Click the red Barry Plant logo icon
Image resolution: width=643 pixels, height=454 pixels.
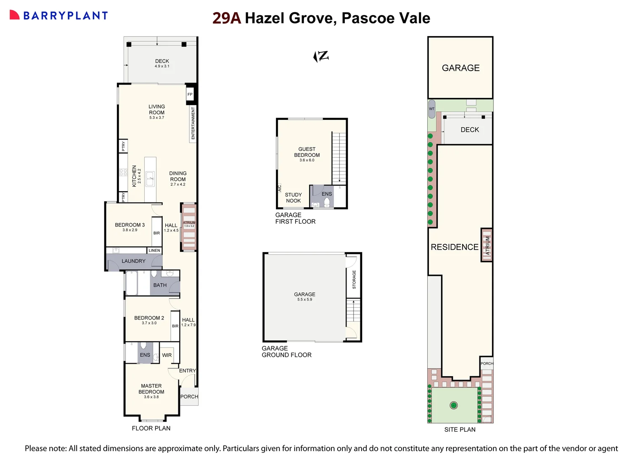pyautogui.click(x=14, y=15)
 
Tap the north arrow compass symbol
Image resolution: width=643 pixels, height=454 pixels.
pyautogui.click(x=321, y=56)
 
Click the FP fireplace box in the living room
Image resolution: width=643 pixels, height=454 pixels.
pyautogui.click(x=190, y=95)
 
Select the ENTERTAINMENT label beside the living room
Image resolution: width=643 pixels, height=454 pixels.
pyautogui.click(x=193, y=123)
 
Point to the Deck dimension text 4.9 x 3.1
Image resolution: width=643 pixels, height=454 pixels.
pyautogui.click(x=162, y=66)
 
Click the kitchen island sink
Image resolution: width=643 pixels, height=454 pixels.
pyautogui.click(x=150, y=179)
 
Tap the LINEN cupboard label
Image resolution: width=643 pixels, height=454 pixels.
pyautogui.click(x=154, y=251)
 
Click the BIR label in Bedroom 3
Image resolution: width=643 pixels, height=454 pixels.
pyautogui.click(x=156, y=233)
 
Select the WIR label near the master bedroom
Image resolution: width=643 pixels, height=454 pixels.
pyautogui.click(x=167, y=355)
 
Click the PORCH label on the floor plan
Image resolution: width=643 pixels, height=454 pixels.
pyautogui.click(x=189, y=396)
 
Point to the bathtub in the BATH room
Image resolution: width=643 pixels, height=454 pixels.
pyautogui.click(x=132, y=283)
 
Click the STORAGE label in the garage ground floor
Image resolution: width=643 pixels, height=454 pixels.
pyautogui.click(x=354, y=280)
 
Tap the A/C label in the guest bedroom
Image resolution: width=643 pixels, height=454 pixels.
pyautogui.click(x=280, y=188)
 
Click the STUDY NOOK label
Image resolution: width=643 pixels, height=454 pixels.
pyautogui.click(x=293, y=198)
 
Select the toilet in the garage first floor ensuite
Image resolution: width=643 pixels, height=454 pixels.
pyautogui.click(x=327, y=202)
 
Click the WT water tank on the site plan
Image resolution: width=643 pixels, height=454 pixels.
pyautogui.click(x=431, y=109)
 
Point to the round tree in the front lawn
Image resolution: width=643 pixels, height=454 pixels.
pyautogui.click(x=453, y=406)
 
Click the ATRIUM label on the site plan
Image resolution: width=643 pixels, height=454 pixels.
pyautogui.click(x=487, y=245)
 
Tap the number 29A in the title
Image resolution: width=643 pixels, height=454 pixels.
pyautogui.click(x=227, y=18)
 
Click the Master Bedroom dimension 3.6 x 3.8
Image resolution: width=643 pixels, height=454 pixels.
pyautogui.click(x=151, y=397)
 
